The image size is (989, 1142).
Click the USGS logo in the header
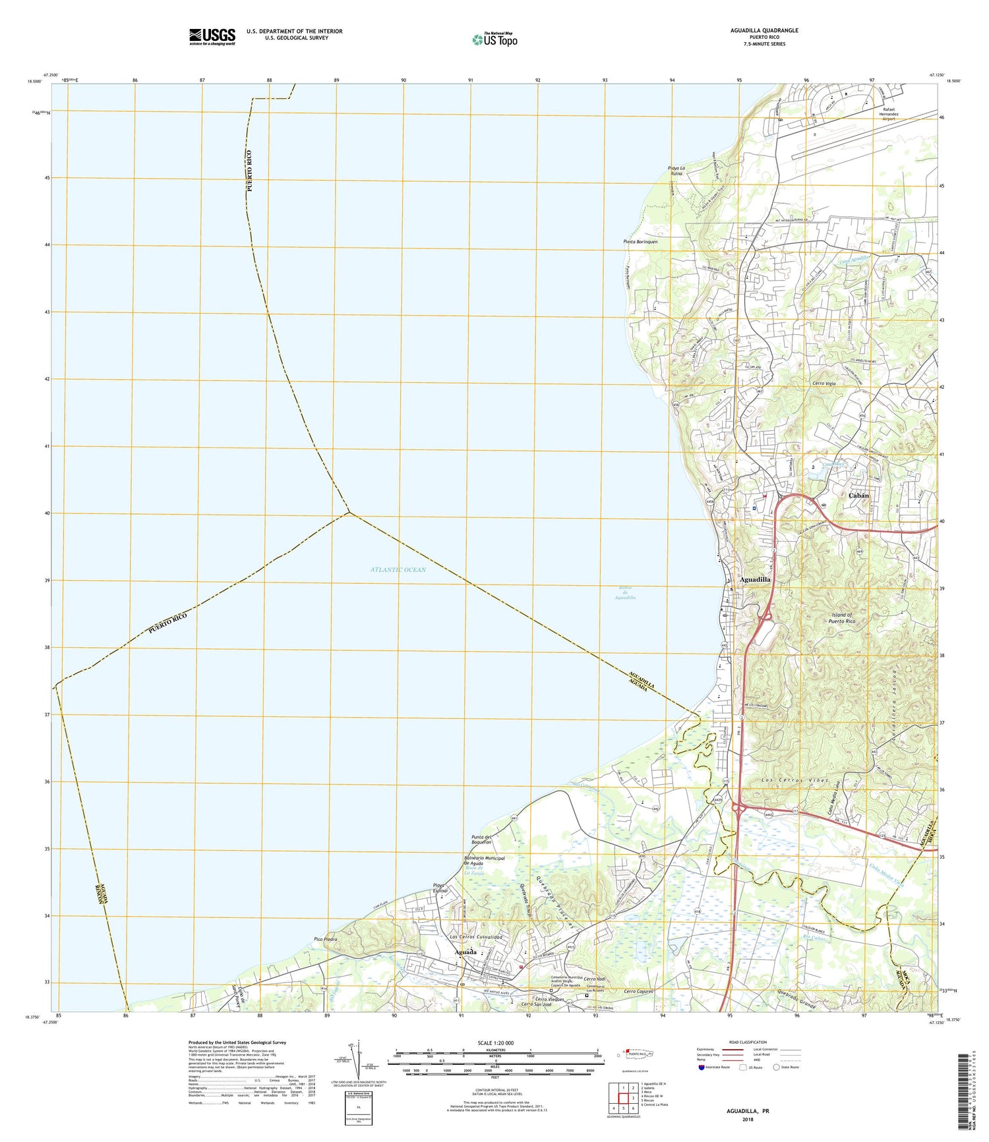tap(212, 36)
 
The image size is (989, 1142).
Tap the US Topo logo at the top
tap(494, 40)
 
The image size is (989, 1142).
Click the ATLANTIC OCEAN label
tap(398, 569)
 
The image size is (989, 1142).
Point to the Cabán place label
tap(858, 495)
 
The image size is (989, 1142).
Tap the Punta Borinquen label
tap(640, 242)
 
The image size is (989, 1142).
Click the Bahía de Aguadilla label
tap(622, 593)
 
